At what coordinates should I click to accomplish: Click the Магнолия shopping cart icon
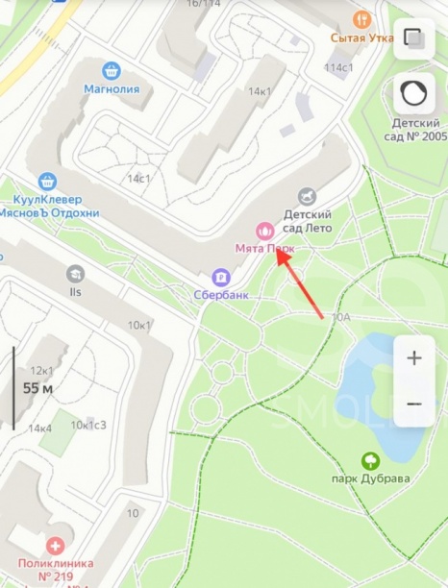[x=112, y=70]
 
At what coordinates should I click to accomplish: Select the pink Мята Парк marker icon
[x=264, y=231]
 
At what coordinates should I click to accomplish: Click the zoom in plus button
[x=414, y=357]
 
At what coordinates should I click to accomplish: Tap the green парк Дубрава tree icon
[x=371, y=461]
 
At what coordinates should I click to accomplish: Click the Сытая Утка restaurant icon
[x=361, y=18]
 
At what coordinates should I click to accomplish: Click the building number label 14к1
[x=259, y=91]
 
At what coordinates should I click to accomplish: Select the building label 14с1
[x=139, y=179]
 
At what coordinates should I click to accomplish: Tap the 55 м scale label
[x=37, y=388]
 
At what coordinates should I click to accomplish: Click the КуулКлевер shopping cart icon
[x=47, y=180]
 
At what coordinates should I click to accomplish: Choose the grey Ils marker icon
[x=75, y=274]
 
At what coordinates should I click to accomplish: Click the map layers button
[x=414, y=38]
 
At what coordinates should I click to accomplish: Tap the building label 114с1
[x=339, y=67]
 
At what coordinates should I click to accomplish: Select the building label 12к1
[x=41, y=370]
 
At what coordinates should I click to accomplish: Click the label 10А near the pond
[x=340, y=316]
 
